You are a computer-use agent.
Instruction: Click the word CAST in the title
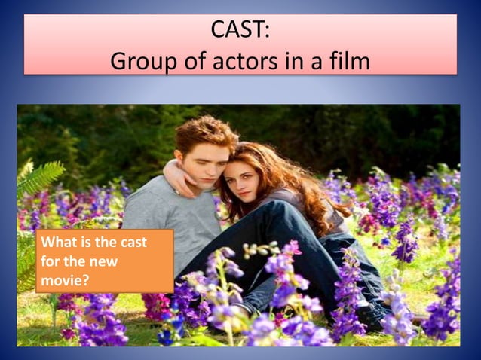(x=236, y=32)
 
